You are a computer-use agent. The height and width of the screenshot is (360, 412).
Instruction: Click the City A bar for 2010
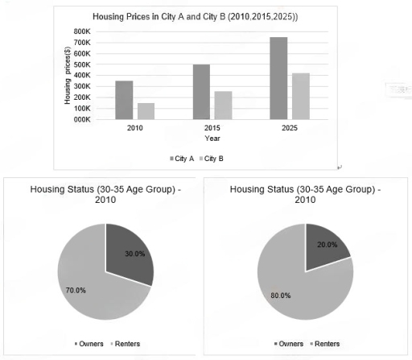[124, 100]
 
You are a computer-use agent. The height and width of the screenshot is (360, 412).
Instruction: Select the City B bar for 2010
[145, 111]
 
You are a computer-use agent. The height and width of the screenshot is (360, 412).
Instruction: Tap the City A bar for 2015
[201, 92]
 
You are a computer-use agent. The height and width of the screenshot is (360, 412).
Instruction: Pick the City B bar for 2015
[222, 106]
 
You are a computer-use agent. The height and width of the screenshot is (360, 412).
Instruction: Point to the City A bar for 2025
[278, 78]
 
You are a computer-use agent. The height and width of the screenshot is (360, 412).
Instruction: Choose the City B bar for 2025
[299, 96]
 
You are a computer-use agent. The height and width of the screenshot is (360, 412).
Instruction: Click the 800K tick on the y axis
[83, 31]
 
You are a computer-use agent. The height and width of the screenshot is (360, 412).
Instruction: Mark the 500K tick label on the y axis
[83, 64]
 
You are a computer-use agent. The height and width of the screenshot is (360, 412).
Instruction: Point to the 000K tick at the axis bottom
[83, 119]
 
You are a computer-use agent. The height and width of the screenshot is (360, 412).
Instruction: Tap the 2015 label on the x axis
[212, 128]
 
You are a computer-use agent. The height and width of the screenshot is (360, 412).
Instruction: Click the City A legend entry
[183, 158]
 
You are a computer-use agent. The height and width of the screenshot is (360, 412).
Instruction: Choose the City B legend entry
[210, 158]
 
